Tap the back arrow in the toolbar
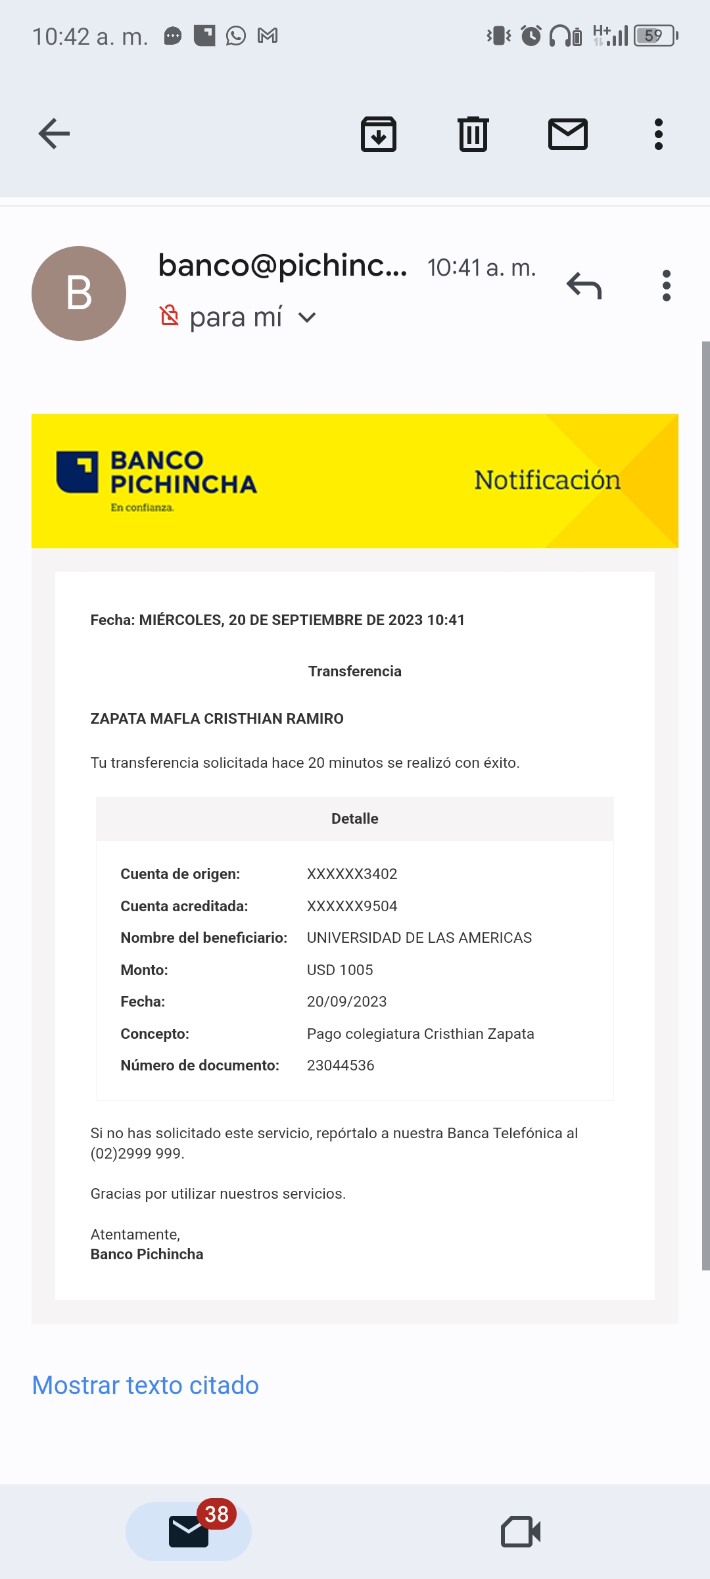[x=54, y=134]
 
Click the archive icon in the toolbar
[x=379, y=134]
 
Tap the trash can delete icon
[x=473, y=134]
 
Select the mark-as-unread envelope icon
[x=568, y=134]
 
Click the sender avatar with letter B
[x=79, y=293]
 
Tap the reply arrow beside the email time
[x=584, y=286]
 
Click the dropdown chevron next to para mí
[x=307, y=318]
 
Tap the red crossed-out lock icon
[x=169, y=316]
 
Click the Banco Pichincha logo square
[x=78, y=472]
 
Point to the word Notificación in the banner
[x=547, y=480]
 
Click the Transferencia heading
[x=355, y=671]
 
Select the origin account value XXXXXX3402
[x=352, y=874]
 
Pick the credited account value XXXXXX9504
[x=352, y=906]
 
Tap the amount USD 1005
[x=340, y=970]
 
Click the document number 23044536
[x=341, y=1065]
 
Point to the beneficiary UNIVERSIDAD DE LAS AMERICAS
[x=419, y=938]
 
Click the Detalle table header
[x=355, y=818]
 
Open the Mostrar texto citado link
[x=145, y=1386]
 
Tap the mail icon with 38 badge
[x=189, y=1530]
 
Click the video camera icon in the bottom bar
[x=521, y=1532]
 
